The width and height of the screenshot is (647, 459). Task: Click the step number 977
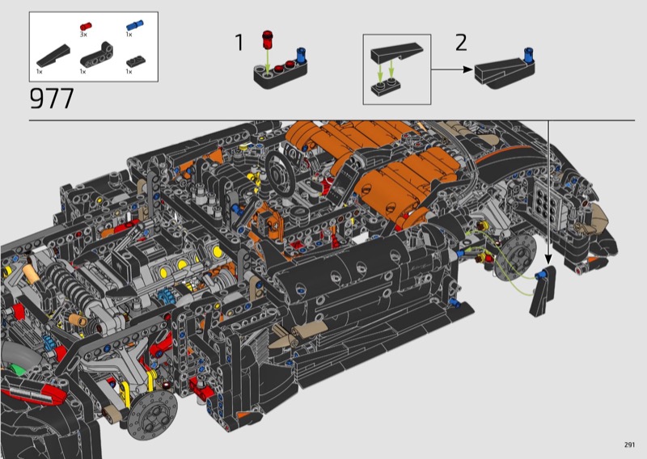(52, 98)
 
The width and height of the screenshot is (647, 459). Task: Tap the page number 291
(629, 444)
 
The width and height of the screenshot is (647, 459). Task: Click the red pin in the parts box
(86, 27)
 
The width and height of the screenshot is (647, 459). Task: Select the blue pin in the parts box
(134, 25)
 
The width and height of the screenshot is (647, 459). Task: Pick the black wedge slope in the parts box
(53, 56)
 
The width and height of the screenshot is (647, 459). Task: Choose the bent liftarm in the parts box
(97, 54)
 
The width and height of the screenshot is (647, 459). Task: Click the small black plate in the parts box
(135, 61)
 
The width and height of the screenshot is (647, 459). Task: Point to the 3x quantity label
(83, 35)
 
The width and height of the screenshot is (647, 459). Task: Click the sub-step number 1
(239, 43)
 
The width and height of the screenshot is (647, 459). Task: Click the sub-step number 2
(461, 43)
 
